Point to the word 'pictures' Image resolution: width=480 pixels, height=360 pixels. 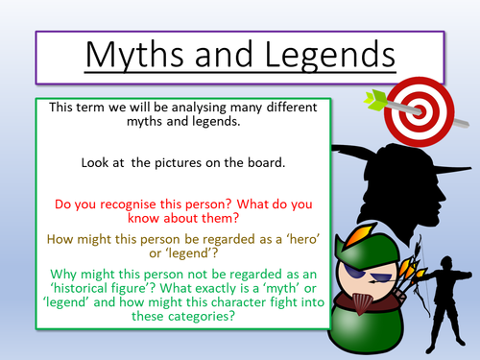(x=173, y=165)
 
